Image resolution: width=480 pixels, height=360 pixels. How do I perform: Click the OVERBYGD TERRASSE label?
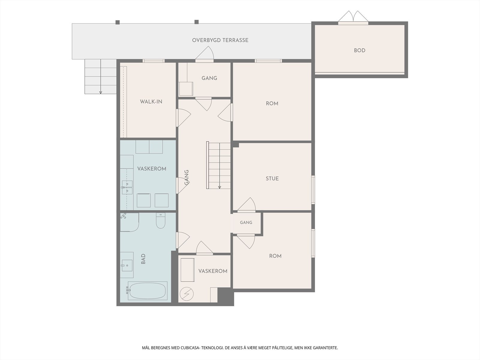(x=220, y=40)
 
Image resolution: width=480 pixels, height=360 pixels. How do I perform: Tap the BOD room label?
(x=359, y=50)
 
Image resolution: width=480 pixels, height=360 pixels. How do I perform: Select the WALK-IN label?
(x=151, y=102)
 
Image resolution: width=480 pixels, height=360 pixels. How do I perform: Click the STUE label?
(x=272, y=178)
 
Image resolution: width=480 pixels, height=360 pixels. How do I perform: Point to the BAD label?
(x=143, y=259)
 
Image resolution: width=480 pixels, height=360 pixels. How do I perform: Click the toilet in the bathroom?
(x=160, y=220)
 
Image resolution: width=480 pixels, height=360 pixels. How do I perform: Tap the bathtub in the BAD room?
(x=148, y=291)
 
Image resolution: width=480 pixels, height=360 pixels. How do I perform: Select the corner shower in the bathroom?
(x=130, y=222)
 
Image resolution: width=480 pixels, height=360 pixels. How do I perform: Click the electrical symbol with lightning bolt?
(x=187, y=294)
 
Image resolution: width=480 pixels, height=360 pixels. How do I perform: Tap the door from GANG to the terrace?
(x=205, y=54)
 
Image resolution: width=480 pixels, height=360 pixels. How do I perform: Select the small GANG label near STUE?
(x=246, y=223)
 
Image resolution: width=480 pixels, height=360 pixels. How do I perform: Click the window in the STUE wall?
(x=313, y=190)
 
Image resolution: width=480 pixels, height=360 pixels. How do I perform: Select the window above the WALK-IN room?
(x=154, y=61)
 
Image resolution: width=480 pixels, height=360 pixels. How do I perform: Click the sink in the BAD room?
(x=127, y=265)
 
